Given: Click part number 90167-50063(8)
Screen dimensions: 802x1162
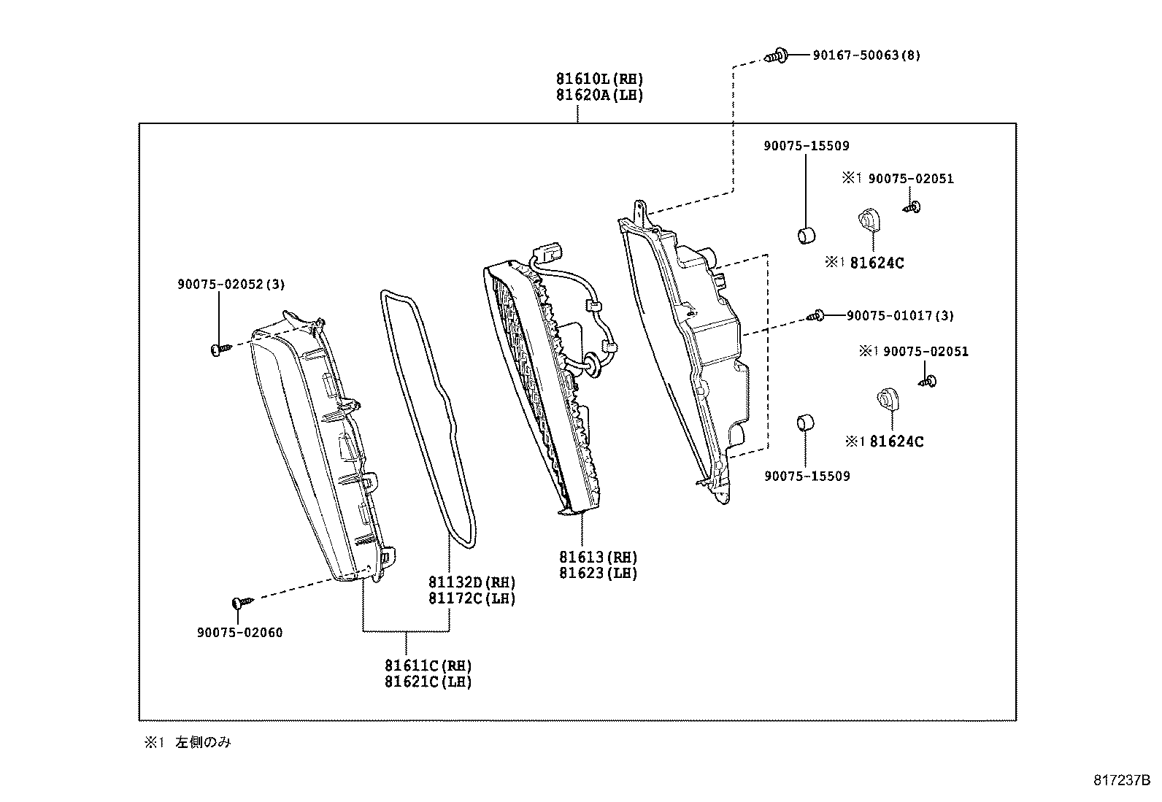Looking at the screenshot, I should tap(866, 55).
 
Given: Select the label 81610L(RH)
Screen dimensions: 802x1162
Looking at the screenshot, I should tap(599, 79).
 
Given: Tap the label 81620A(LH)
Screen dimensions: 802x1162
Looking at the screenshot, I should tap(599, 95).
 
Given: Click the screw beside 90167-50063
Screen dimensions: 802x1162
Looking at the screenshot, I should tap(777, 55).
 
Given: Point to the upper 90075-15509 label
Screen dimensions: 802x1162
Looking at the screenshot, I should tap(806, 146).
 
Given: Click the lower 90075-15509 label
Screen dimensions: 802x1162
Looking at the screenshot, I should tap(806, 477).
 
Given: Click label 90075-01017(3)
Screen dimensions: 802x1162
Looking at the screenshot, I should tap(899, 316).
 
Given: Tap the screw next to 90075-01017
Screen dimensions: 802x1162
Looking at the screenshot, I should tap(817, 316).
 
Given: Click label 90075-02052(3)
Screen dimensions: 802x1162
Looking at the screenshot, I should tap(231, 285).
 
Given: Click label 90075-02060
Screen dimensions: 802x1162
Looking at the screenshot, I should tap(239, 633).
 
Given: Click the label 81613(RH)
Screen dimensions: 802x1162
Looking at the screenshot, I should tap(598, 558).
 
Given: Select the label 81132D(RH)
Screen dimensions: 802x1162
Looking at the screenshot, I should tap(472, 582).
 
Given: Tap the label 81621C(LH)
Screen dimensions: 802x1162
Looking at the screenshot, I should tap(428, 682).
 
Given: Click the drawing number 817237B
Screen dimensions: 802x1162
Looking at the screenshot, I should tap(1121, 780).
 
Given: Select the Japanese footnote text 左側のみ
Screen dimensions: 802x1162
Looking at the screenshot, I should tap(203, 743).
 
